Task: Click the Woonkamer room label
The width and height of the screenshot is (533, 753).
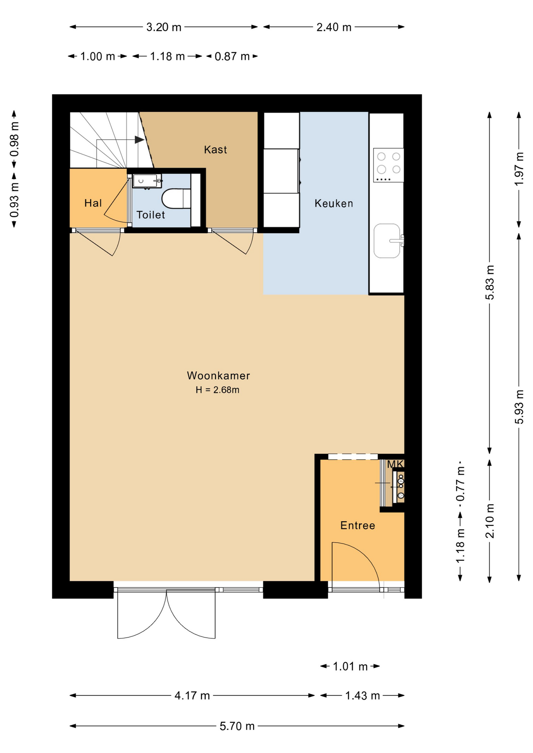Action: click(x=218, y=376)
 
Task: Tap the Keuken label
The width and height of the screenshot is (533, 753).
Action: click(x=334, y=203)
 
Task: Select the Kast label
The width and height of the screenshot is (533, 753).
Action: click(x=215, y=149)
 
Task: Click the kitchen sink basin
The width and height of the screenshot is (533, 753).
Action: click(x=387, y=241)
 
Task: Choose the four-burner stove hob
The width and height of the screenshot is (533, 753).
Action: click(x=389, y=165)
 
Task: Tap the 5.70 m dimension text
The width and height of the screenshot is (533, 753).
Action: click(x=237, y=726)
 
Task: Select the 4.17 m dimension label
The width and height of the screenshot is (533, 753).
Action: click(x=192, y=696)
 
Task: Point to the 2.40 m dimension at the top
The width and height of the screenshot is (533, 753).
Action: click(x=334, y=27)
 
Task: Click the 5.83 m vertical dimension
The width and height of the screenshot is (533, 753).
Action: click(x=490, y=282)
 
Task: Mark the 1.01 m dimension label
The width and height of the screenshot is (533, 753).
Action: click(x=350, y=666)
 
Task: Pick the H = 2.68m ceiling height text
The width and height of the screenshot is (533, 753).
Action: click(x=217, y=390)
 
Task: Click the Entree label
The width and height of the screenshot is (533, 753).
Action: click(x=358, y=526)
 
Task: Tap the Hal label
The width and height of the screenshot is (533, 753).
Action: click(x=93, y=203)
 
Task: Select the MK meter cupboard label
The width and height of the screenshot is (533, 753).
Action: click(x=395, y=464)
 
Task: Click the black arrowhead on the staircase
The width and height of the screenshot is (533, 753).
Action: click(x=139, y=140)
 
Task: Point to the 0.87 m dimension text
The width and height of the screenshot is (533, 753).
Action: click(x=232, y=56)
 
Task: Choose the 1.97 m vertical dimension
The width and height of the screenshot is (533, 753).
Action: click(x=519, y=169)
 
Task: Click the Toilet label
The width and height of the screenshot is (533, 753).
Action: click(x=151, y=215)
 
